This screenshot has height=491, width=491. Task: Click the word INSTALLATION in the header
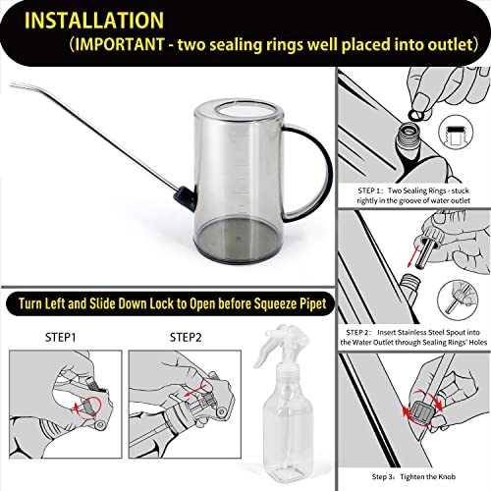[x=94, y=21]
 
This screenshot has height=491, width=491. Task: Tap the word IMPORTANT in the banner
[x=120, y=44]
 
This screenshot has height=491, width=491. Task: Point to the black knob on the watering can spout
[x=184, y=197]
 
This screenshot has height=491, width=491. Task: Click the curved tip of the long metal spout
[x=13, y=84]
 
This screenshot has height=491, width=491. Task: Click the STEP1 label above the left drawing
[x=61, y=337]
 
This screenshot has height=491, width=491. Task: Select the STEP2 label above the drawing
[x=186, y=337]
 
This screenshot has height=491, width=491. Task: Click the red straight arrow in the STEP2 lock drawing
[x=195, y=391]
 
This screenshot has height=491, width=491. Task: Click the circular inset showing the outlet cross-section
[x=456, y=133]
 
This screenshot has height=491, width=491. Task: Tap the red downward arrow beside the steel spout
[x=413, y=257]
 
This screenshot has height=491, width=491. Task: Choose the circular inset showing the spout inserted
[x=458, y=300]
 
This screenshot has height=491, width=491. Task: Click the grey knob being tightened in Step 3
[x=421, y=409]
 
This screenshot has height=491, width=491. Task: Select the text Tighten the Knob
[x=427, y=476]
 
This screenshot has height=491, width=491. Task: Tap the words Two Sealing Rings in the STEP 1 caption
[x=416, y=191]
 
